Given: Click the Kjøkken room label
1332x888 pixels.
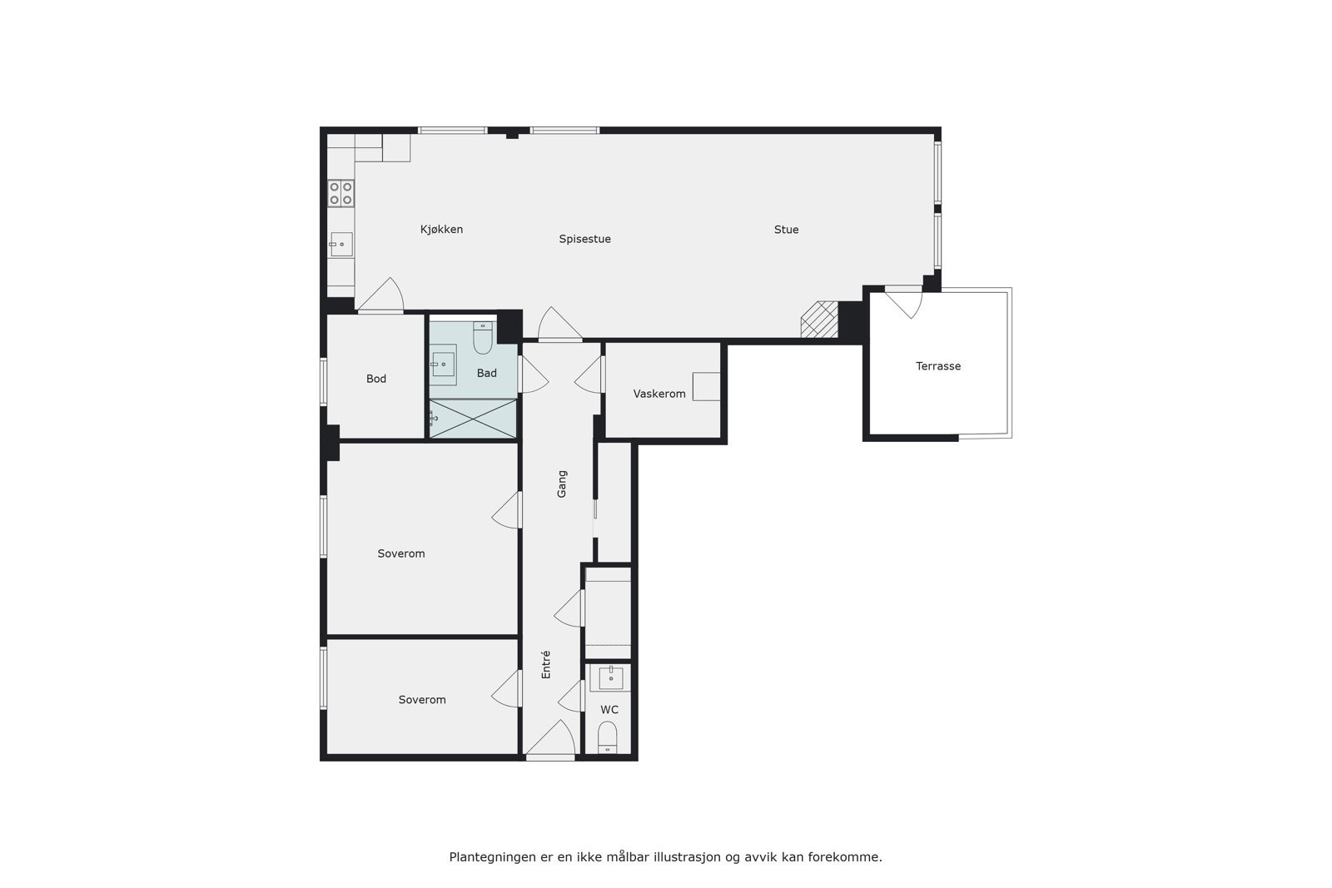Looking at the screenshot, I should (441, 230).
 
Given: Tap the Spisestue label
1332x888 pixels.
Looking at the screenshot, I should (584, 239).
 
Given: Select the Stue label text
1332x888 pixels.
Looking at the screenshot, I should (786, 230).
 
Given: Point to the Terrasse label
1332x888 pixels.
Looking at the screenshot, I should (938, 366).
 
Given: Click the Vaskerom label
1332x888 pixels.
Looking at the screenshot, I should (659, 394).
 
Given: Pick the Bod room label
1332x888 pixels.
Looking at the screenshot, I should (376, 379).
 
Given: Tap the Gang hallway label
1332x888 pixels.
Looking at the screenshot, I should (562, 484).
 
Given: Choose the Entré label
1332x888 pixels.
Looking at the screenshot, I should (546, 664).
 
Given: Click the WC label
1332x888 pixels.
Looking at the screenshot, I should (609, 710).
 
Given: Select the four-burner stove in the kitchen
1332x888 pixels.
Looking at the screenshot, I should (340, 193).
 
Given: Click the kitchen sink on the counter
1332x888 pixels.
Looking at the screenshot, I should (340, 245).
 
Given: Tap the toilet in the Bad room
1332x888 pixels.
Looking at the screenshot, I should (483, 337).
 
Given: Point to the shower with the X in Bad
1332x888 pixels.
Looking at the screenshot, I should (472, 419).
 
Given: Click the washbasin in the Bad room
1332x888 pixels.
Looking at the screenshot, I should (444, 364).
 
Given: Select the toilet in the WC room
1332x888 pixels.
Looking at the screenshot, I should (608, 737).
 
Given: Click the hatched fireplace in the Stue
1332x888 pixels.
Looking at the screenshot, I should (819, 320).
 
